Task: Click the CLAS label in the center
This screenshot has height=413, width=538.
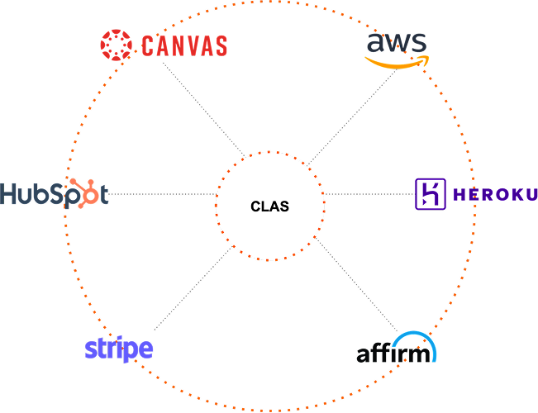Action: (269, 206)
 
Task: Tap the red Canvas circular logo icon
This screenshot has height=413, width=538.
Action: (116, 45)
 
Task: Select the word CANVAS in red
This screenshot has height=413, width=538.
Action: (183, 46)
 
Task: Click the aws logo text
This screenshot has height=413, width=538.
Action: (397, 42)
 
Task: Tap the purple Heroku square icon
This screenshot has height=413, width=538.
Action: (430, 194)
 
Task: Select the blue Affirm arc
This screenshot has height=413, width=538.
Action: (414, 338)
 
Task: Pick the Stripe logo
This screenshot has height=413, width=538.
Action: (119, 348)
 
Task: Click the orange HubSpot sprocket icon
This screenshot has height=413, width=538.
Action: (81, 192)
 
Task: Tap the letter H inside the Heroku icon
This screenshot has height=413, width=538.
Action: (430, 194)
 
